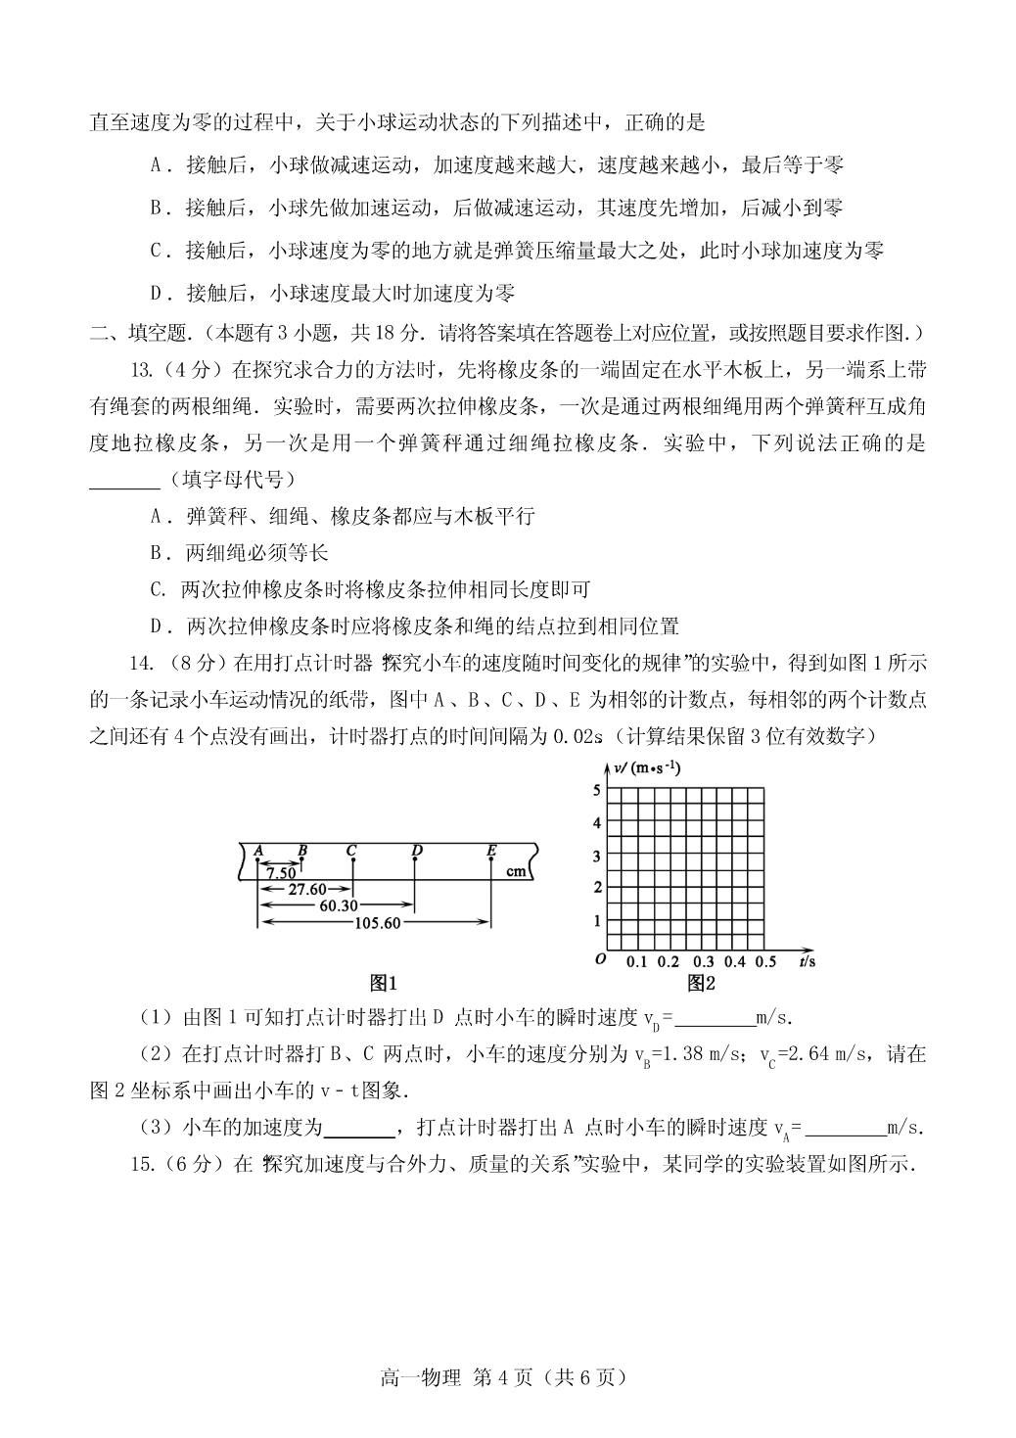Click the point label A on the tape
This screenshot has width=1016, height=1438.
pos(258,850)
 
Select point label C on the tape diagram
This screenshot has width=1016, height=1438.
pos(350,850)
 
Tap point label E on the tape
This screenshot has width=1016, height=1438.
pos(491,850)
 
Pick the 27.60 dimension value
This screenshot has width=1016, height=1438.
pos(306,889)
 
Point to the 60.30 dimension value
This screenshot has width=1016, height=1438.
pos(338,905)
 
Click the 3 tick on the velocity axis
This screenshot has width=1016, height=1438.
pos(596,857)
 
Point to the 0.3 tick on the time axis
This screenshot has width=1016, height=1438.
pos(703,962)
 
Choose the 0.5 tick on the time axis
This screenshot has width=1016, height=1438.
pos(766,962)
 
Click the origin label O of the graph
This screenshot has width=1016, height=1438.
pos(600,959)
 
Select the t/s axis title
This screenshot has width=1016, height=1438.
pos(808,962)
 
